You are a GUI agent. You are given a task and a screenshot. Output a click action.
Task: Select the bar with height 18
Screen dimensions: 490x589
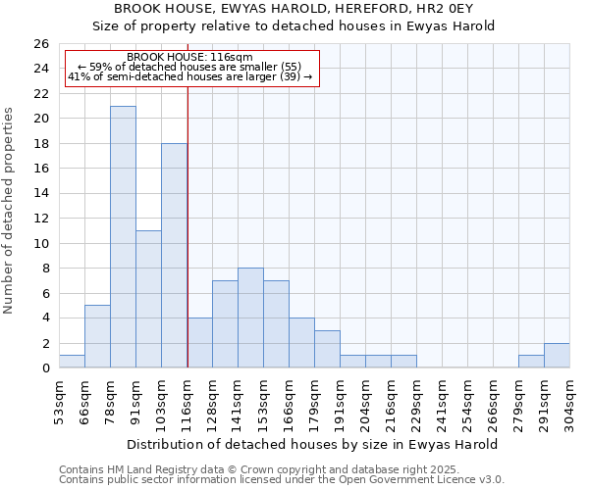click(174, 255)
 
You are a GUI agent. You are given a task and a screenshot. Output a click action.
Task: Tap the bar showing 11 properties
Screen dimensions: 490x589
click(148, 299)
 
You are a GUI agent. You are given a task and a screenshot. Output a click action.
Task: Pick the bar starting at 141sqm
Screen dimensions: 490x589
click(250, 318)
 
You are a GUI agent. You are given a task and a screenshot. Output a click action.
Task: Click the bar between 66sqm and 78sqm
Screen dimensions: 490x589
click(97, 336)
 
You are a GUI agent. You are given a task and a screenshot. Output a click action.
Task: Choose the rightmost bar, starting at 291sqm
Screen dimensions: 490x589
click(557, 356)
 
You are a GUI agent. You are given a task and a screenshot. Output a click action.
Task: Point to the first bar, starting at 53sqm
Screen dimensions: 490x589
click(72, 361)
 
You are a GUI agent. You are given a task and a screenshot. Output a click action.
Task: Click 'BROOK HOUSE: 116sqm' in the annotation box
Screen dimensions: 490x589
click(190, 58)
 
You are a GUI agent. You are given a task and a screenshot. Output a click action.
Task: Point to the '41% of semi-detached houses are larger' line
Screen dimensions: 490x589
click(190, 76)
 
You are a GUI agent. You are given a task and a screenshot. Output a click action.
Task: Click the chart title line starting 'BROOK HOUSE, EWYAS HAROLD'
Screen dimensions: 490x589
click(294, 8)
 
